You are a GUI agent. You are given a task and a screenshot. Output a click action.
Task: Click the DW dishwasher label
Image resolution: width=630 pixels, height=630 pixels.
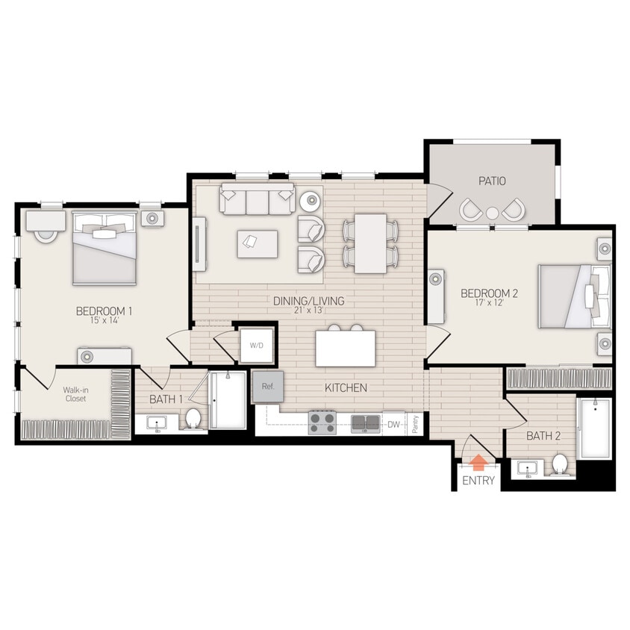tap(393, 425)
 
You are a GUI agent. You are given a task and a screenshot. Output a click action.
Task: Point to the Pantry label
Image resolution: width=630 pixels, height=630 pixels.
tap(415, 424)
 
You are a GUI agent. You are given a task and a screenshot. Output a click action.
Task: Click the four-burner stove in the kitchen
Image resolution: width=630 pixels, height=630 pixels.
tap(322, 423)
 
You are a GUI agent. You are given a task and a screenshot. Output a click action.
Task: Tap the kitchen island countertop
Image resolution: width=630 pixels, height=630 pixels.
tap(346, 349)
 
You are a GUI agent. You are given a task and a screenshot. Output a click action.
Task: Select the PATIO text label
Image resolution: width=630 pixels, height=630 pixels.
tap(492, 181)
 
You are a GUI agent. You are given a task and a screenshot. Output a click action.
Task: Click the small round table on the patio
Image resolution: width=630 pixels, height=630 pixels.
tap(492, 213)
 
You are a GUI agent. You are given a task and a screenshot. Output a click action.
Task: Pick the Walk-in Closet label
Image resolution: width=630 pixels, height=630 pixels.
tap(74, 393)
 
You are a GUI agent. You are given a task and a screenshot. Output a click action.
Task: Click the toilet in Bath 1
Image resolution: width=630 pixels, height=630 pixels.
tap(193, 419)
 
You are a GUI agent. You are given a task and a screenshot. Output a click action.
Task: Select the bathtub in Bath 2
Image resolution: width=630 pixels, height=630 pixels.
tap(595, 428)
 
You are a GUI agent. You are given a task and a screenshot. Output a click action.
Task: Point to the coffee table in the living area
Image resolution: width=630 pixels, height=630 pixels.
tap(258, 243)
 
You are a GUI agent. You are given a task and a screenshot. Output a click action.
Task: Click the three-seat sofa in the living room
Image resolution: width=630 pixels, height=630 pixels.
tap(256, 201)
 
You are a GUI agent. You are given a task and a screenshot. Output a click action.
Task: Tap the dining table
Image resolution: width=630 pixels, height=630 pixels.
tap(370, 243)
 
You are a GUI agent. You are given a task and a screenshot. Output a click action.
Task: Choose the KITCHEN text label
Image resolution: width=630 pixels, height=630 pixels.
tap(346, 388)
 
